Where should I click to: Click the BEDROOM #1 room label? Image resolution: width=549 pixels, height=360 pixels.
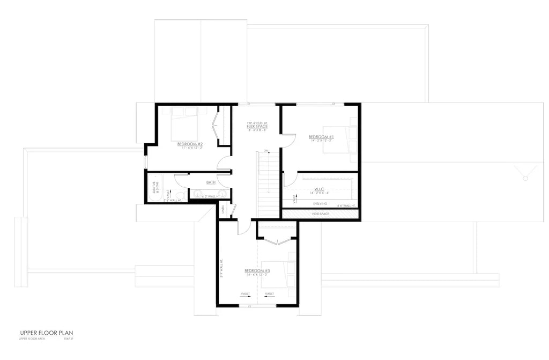click(321, 137)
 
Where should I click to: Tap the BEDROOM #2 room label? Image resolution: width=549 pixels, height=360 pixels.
click(190, 144)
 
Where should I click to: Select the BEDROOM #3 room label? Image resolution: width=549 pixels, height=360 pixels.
click(257, 271)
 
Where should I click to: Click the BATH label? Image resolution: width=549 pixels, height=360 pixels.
click(211, 182)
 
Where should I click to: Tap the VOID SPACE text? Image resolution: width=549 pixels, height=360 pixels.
click(321, 214)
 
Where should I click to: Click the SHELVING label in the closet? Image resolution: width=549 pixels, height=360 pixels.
click(320, 204)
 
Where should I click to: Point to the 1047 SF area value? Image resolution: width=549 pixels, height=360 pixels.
click(68, 339)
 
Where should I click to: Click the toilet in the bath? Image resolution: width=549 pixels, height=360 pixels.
click(181, 194)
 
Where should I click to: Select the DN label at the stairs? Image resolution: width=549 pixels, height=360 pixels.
click(266, 150)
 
